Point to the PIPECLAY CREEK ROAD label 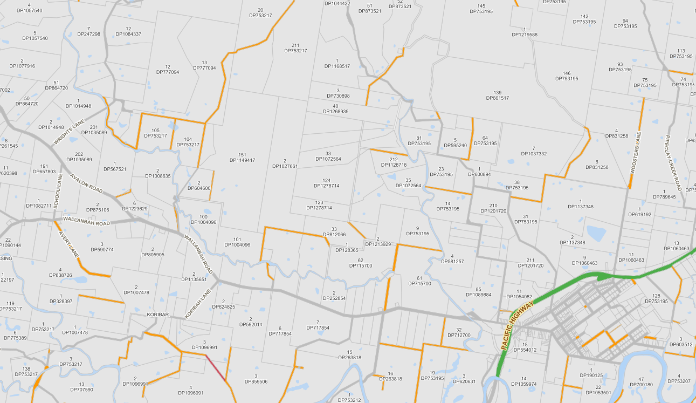[673, 163]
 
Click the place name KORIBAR [159, 314]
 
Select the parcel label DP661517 [497, 98]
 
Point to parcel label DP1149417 [242, 160]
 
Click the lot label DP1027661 [285, 166]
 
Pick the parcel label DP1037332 [533, 154]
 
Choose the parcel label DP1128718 [393, 165]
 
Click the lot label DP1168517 [337, 66]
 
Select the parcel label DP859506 [256, 381]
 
